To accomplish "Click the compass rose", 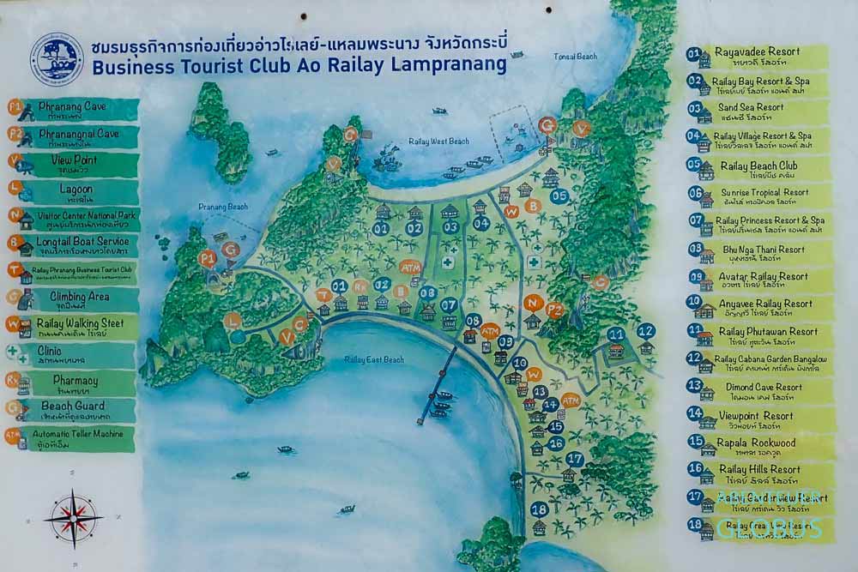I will point(74,518).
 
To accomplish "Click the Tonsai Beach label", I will point(575,57).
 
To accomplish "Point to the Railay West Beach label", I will point(439,141).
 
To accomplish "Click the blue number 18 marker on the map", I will point(539,509).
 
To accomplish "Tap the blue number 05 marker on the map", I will point(559,196).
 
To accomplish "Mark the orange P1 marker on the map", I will point(206,257).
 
